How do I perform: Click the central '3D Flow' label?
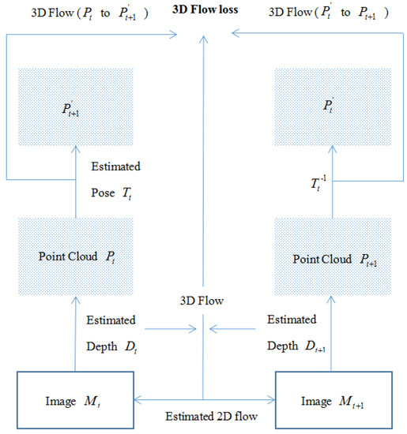coord(203,301)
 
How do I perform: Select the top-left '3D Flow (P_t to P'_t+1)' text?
coord(86,13)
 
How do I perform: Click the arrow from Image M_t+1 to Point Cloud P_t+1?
coord(332,331)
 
